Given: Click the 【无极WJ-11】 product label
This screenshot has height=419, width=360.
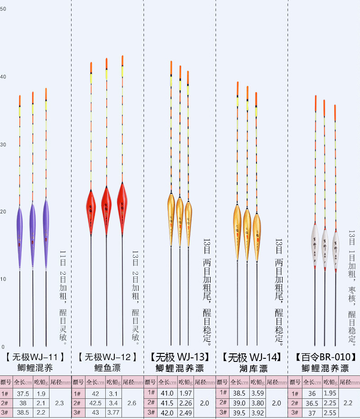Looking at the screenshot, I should coord(36,357).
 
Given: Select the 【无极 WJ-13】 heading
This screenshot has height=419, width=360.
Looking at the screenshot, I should coord(180,357).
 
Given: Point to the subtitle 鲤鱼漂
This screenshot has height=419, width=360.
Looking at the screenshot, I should coord(107,368).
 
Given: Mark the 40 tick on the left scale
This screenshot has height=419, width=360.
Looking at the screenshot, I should coord(3,77).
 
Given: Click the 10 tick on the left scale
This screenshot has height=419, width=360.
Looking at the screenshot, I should coord(3,279).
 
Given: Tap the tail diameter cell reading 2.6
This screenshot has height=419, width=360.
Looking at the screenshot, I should coord(132,403).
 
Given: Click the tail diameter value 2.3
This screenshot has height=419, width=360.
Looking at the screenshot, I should coord(59,403).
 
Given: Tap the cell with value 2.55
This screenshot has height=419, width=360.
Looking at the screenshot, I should coord(330,412).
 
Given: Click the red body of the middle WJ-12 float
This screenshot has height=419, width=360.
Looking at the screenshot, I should coord(107,209).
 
